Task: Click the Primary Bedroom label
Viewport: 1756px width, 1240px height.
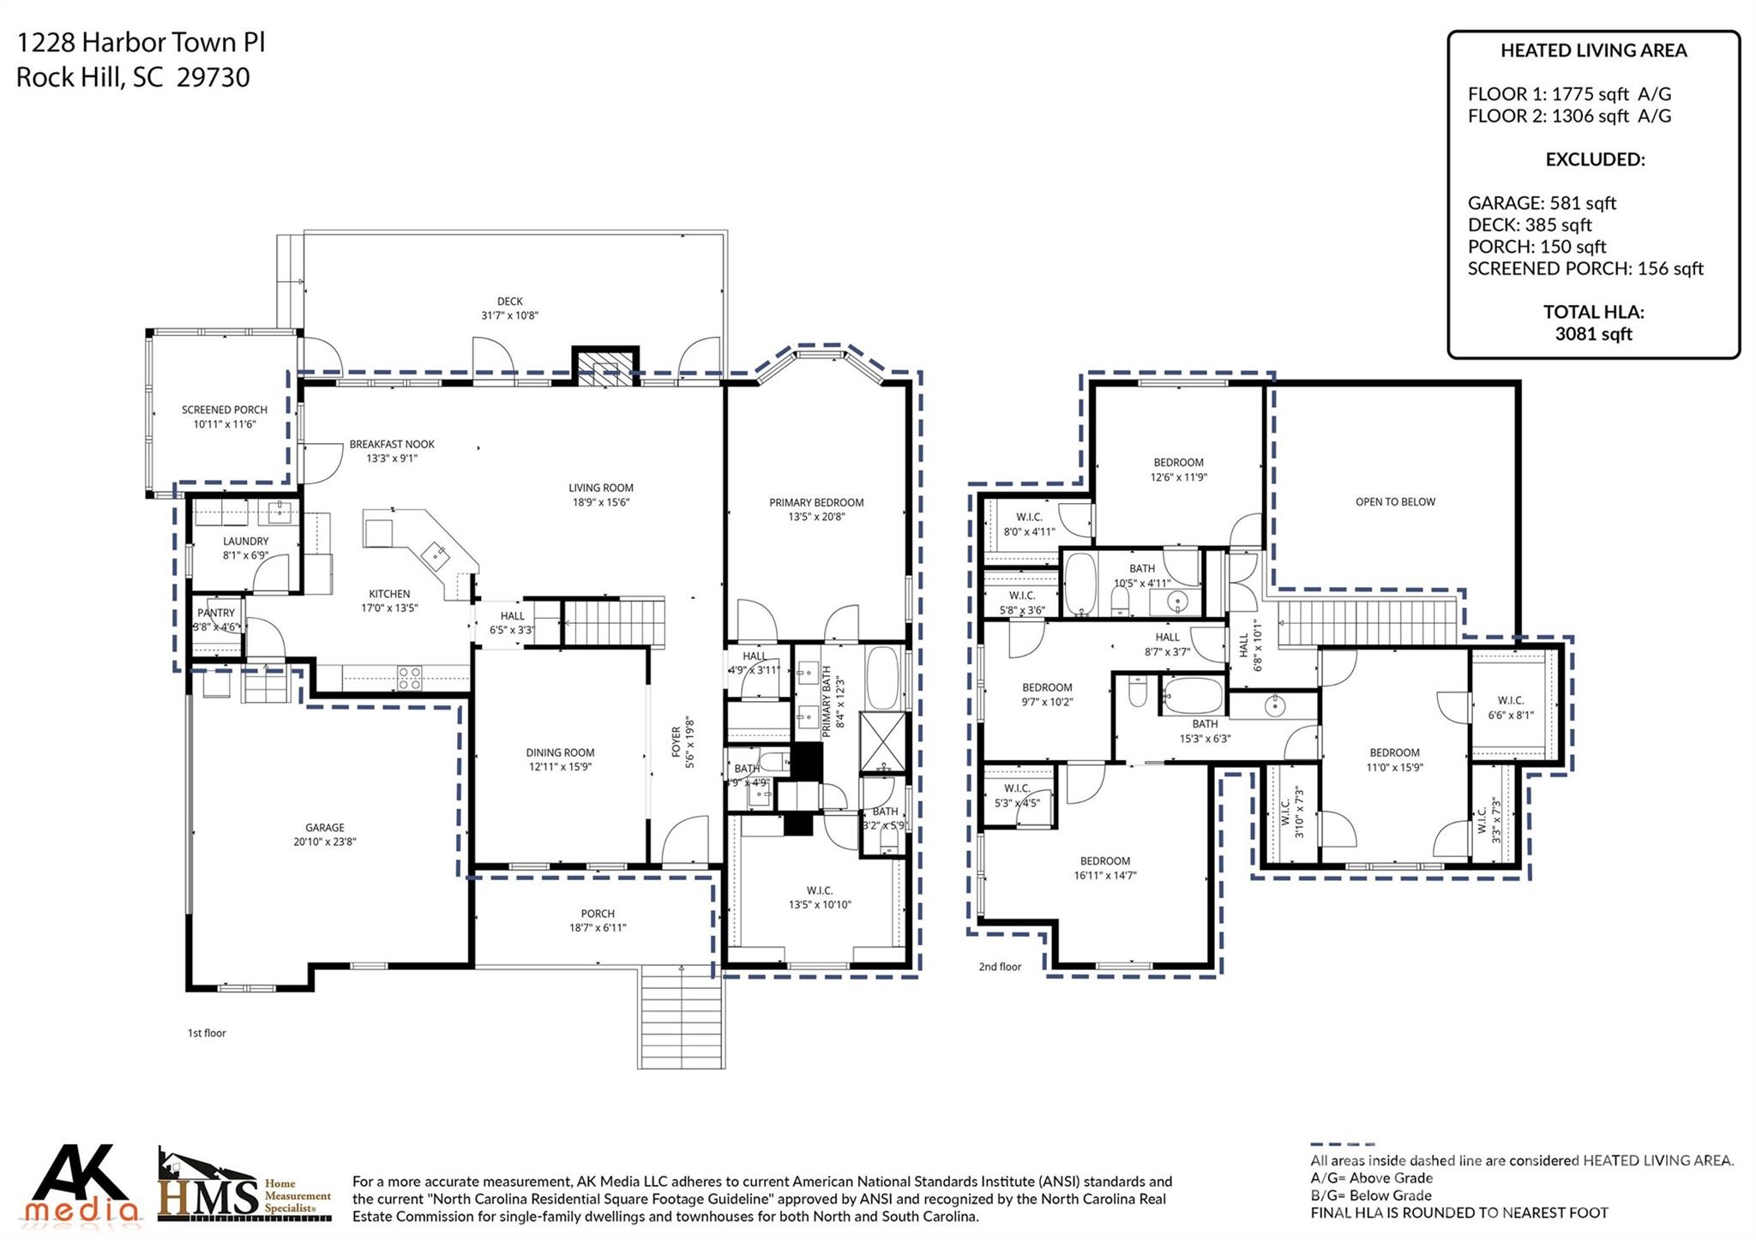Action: point(815,503)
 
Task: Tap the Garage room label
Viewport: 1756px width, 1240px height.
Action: point(324,828)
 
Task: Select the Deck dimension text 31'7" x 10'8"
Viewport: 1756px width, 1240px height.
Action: point(509,315)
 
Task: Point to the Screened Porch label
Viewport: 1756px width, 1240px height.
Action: point(224,410)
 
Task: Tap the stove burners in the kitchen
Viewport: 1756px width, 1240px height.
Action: point(409,678)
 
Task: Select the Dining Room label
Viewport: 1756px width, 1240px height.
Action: point(560,753)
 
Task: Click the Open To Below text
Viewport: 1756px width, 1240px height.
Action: point(1394,502)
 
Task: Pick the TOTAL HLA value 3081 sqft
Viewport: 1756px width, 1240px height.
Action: point(1593,334)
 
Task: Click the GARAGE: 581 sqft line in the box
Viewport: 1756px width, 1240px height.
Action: point(1541,203)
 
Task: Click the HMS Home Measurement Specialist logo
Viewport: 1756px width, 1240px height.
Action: point(244,1187)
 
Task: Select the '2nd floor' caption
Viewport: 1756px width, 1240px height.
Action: point(1000,967)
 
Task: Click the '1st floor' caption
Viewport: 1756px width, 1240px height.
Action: point(207,1033)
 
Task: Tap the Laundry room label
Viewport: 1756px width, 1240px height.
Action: point(245,542)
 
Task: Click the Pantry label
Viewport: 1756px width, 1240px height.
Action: point(216,613)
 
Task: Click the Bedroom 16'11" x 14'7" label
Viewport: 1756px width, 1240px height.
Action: point(1104,861)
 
